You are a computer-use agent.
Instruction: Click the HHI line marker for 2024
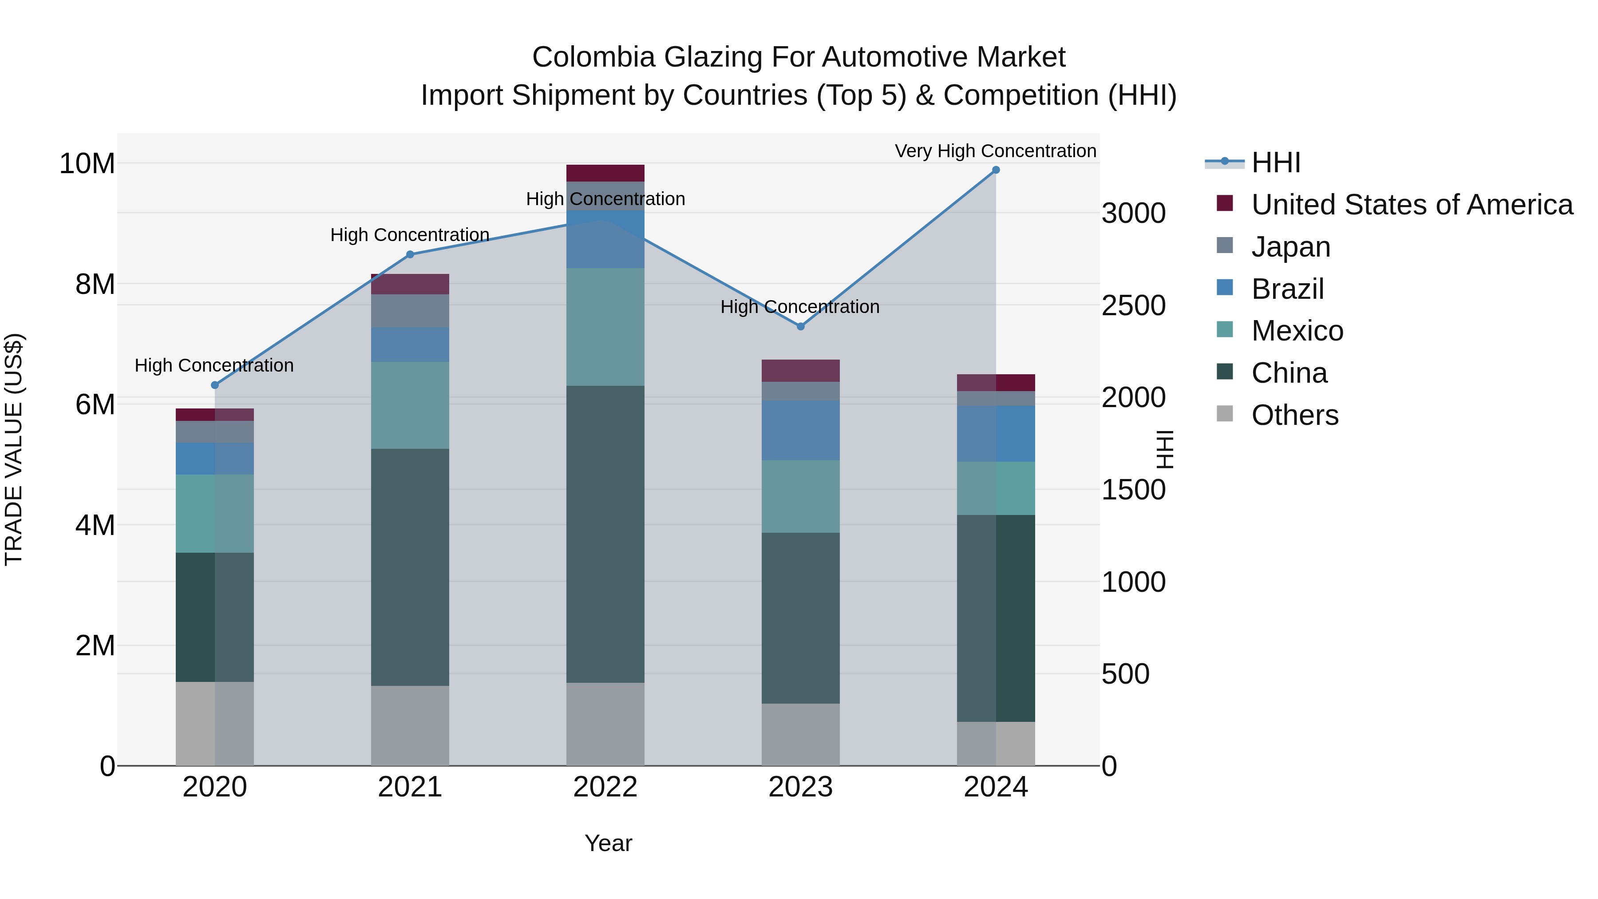click(996, 170)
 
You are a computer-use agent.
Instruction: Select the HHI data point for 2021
click(409, 254)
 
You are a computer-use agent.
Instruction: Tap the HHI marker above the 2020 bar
click(215, 385)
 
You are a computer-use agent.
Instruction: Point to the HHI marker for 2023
click(800, 326)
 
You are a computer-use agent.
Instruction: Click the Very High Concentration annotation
click(995, 151)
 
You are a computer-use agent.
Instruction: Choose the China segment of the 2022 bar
click(605, 534)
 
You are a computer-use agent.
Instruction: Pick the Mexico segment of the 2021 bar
click(409, 405)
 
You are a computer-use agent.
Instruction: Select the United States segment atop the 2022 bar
click(605, 173)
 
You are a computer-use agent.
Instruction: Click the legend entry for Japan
click(1290, 247)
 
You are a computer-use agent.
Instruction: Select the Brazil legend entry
click(1287, 289)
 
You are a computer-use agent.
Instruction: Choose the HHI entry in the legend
click(1275, 162)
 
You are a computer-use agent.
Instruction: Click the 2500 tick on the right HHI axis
click(1133, 305)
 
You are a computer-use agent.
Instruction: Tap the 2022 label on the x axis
click(605, 787)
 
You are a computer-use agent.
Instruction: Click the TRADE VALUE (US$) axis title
click(14, 449)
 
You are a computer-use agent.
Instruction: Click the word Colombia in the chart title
click(593, 57)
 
